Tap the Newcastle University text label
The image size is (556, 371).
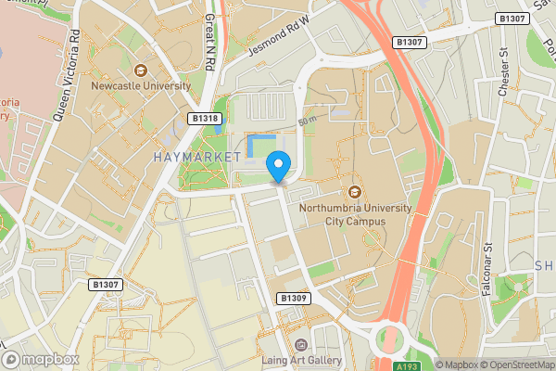click(141, 86)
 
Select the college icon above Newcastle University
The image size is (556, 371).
click(141, 70)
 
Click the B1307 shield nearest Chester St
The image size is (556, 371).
click(512, 19)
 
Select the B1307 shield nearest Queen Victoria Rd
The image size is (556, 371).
click(107, 284)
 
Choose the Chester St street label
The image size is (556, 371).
click(505, 70)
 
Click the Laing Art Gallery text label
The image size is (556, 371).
click(300, 361)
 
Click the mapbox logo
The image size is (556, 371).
click(41, 359)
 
